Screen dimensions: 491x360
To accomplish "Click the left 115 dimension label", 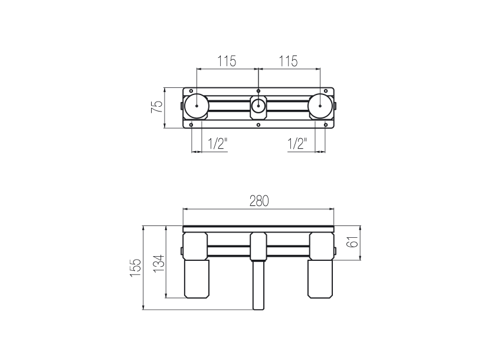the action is pos(227,61).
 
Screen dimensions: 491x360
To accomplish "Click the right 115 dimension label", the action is pos(288,61).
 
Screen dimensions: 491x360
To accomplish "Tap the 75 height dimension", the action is pos(158,107).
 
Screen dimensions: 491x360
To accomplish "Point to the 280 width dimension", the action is pos(259,201).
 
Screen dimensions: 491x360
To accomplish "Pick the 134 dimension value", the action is pos(159,263).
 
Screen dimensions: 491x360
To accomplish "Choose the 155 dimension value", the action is pos(136,267).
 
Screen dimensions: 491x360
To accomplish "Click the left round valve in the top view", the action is pos(197,106).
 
